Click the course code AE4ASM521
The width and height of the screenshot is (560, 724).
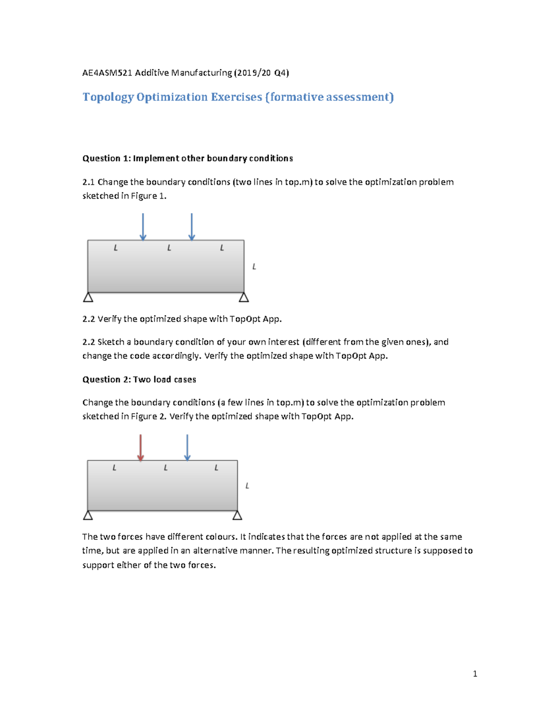[x=107, y=73]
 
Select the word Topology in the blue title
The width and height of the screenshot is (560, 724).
[x=108, y=97]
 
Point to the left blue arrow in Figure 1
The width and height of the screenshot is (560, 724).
[x=143, y=227]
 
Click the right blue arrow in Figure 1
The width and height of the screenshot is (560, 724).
[x=191, y=227]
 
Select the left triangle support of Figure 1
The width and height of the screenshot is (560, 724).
[x=88, y=297]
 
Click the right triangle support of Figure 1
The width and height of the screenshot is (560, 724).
[x=244, y=297]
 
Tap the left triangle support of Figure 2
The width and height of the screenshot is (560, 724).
[x=88, y=515]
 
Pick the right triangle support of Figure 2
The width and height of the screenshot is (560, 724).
[x=237, y=515]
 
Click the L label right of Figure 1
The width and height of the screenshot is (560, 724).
[x=254, y=267]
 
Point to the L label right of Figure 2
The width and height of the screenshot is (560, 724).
[x=247, y=486]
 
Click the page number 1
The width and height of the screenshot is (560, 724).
[x=475, y=674]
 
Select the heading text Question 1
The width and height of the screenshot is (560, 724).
[x=106, y=159]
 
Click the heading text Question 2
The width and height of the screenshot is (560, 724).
[x=106, y=379]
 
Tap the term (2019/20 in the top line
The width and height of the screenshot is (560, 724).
[x=252, y=73]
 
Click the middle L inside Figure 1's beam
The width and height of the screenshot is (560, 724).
[x=169, y=248]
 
